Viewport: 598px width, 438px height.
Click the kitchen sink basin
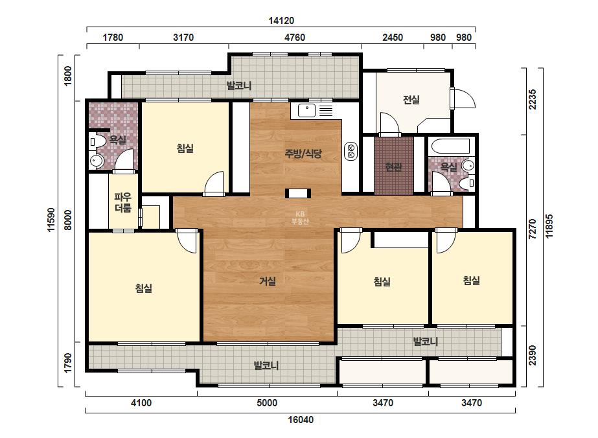(306, 110)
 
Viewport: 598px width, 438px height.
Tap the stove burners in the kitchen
(351, 151)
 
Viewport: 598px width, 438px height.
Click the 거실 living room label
(268, 281)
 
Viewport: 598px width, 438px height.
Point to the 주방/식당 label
(303, 154)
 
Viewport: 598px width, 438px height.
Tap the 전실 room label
(411, 100)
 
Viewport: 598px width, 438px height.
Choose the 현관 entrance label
(393, 167)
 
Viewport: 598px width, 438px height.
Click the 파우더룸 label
(123, 203)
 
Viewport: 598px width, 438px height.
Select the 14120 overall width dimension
(281, 21)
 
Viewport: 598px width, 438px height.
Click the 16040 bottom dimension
(301, 420)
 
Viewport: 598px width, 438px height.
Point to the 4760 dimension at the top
(295, 38)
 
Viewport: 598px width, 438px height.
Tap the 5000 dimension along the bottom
(267, 403)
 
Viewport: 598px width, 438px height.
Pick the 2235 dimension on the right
(533, 99)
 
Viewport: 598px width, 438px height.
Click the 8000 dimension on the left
(67, 220)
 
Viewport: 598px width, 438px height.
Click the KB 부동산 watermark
(300, 218)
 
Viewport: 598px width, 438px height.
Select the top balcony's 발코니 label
(239, 86)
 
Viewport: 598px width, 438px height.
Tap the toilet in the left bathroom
(98, 142)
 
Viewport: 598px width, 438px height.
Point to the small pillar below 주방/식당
(298, 194)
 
